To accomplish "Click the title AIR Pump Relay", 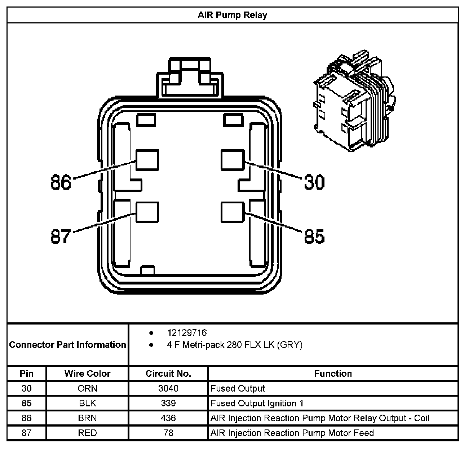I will click(232, 15).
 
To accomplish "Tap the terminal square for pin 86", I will click(147, 160).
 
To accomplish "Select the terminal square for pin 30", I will click(233, 160).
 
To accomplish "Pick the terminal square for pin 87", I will click(147, 212).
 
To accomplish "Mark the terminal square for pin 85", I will click(233, 212).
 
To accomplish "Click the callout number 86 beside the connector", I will click(61, 182).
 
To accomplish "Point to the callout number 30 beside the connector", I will click(314, 182).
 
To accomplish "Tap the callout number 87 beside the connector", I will click(61, 237).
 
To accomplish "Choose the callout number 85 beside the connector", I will click(314, 237).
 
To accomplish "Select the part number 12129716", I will click(187, 332).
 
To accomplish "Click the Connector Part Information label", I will click(68, 345).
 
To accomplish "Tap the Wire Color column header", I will click(87, 374).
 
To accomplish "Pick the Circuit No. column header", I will click(168, 374).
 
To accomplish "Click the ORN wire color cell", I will click(87, 388).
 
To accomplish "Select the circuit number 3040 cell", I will click(168, 388).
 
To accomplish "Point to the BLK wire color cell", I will click(87, 403).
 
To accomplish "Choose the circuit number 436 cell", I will click(168, 418).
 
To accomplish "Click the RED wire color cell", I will click(87, 433).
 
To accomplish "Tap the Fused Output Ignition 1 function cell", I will click(257, 403).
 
